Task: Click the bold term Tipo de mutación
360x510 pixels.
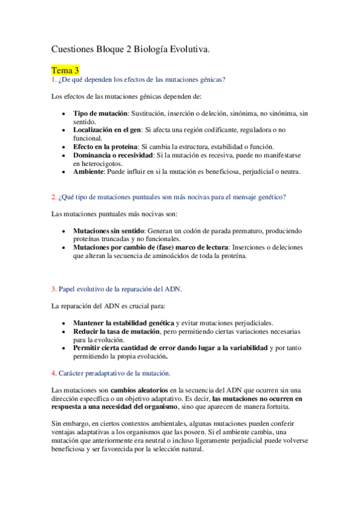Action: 100,113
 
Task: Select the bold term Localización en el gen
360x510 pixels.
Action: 107,129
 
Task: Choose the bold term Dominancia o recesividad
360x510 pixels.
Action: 112,155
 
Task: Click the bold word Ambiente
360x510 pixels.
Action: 88,171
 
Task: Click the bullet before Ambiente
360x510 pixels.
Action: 64,171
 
